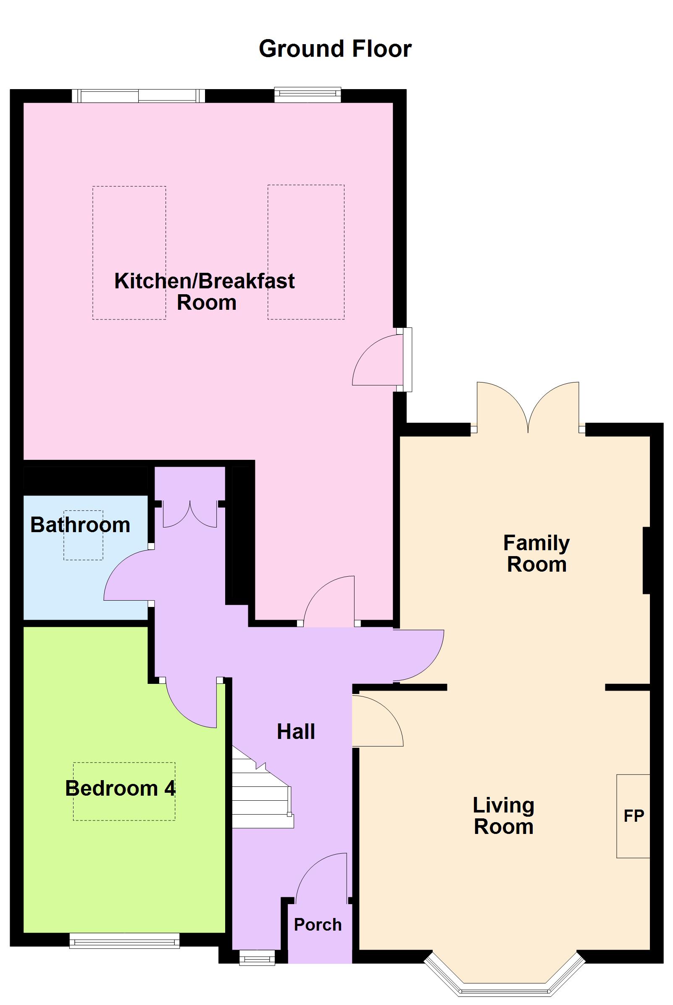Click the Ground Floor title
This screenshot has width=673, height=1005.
click(x=335, y=48)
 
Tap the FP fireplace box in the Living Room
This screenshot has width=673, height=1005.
click(x=633, y=816)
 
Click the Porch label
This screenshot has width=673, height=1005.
click(x=318, y=925)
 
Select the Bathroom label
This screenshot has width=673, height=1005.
click(x=80, y=525)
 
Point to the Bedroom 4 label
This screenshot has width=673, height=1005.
click(x=120, y=788)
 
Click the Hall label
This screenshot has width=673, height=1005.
click(x=296, y=731)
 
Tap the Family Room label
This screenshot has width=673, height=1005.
click(x=536, y=554)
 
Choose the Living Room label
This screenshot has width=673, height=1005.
click(x=503, y=816)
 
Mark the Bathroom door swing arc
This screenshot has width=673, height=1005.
click(x=126, y=575)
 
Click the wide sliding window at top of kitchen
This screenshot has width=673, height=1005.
click(x=138, y=96)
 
